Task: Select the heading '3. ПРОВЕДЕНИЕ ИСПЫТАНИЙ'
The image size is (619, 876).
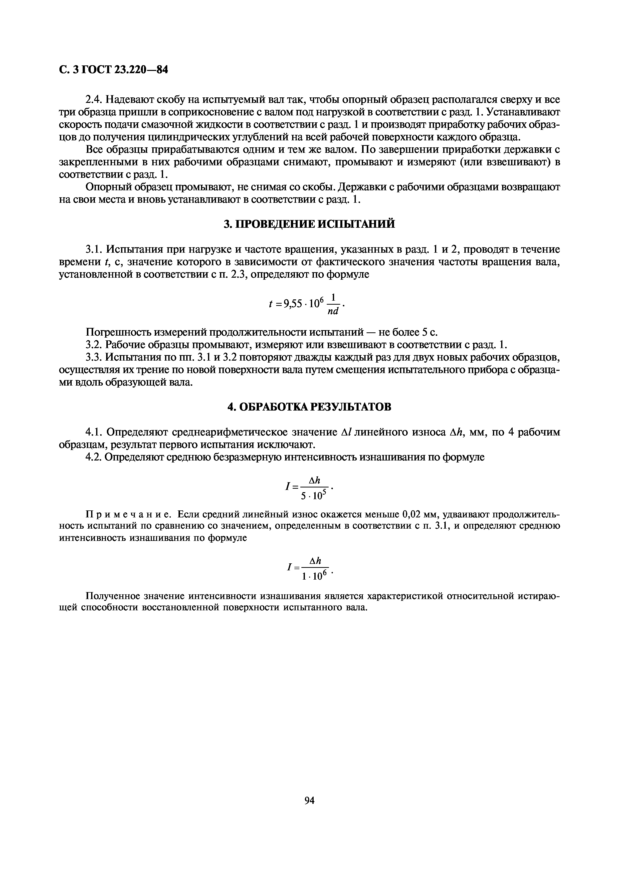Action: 309,224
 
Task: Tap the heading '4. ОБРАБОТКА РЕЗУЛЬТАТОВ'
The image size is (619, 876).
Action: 309,407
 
